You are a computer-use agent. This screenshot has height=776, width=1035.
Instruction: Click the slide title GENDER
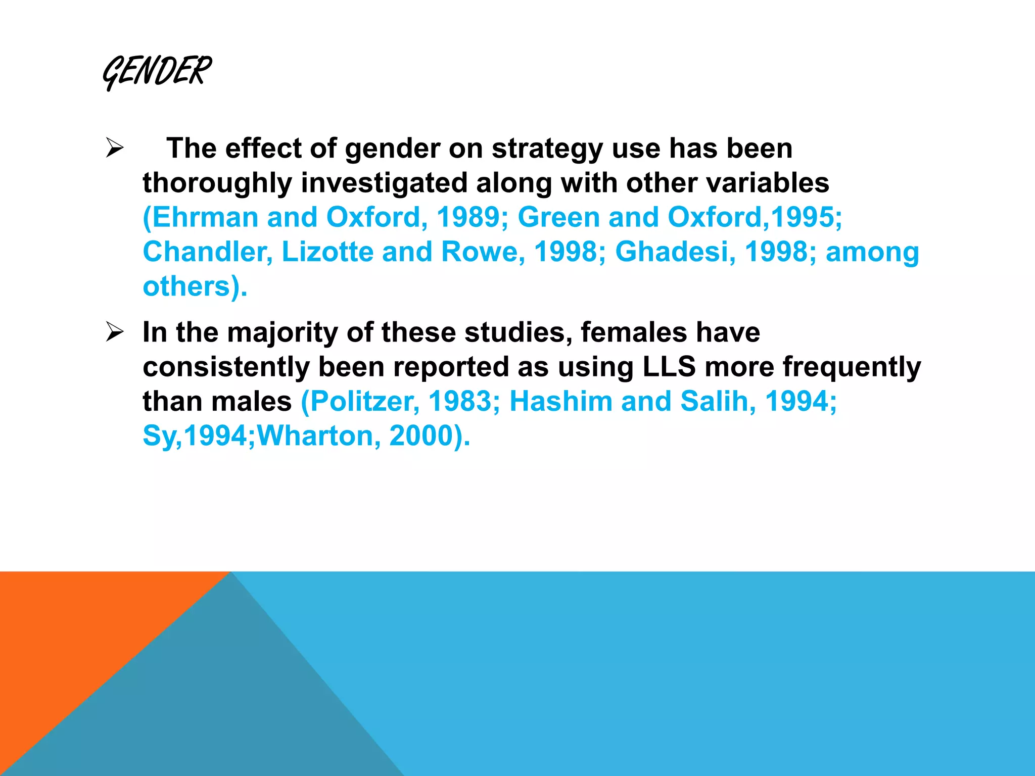157,72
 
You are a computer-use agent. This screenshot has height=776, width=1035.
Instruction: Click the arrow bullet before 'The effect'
115,149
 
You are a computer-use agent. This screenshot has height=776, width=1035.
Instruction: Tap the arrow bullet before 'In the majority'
115,332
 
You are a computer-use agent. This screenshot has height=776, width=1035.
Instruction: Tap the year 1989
468,217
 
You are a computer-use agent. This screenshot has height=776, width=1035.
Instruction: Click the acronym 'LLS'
669,367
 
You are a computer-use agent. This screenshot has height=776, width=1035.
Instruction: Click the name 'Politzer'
364,401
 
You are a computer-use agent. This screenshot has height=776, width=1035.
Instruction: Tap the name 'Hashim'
561,401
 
